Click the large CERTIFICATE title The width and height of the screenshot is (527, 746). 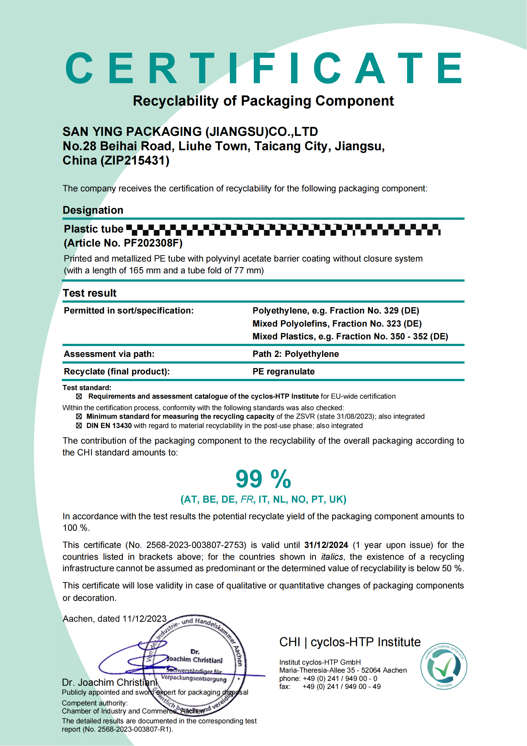[264, 68]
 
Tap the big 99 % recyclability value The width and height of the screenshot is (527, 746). [263, 479]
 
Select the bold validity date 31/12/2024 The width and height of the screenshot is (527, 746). [326, 545]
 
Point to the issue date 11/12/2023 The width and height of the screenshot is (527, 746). [144, 619]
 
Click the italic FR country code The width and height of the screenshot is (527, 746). [247, 499]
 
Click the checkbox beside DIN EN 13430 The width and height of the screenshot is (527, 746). [78, 426]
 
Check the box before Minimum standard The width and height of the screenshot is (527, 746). [78, 417]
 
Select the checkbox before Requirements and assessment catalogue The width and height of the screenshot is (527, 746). [78, 396]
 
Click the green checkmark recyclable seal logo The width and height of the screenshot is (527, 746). [443, 666]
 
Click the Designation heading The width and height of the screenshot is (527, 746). [93, 210]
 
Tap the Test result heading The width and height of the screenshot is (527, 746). [90, 293]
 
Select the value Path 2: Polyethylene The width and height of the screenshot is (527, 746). [296, 354]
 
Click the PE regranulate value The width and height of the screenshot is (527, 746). [283, 371]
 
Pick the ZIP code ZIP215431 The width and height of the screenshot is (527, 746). [135, 160]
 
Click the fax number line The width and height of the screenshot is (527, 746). [330, 687]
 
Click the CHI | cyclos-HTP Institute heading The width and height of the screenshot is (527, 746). [350, 642]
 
